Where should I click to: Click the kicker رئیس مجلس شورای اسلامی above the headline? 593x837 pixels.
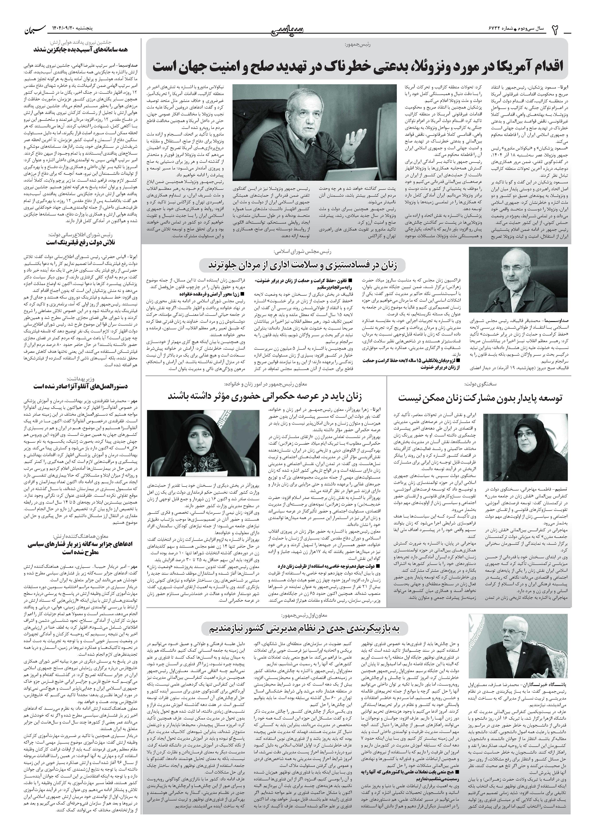[303, 252]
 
